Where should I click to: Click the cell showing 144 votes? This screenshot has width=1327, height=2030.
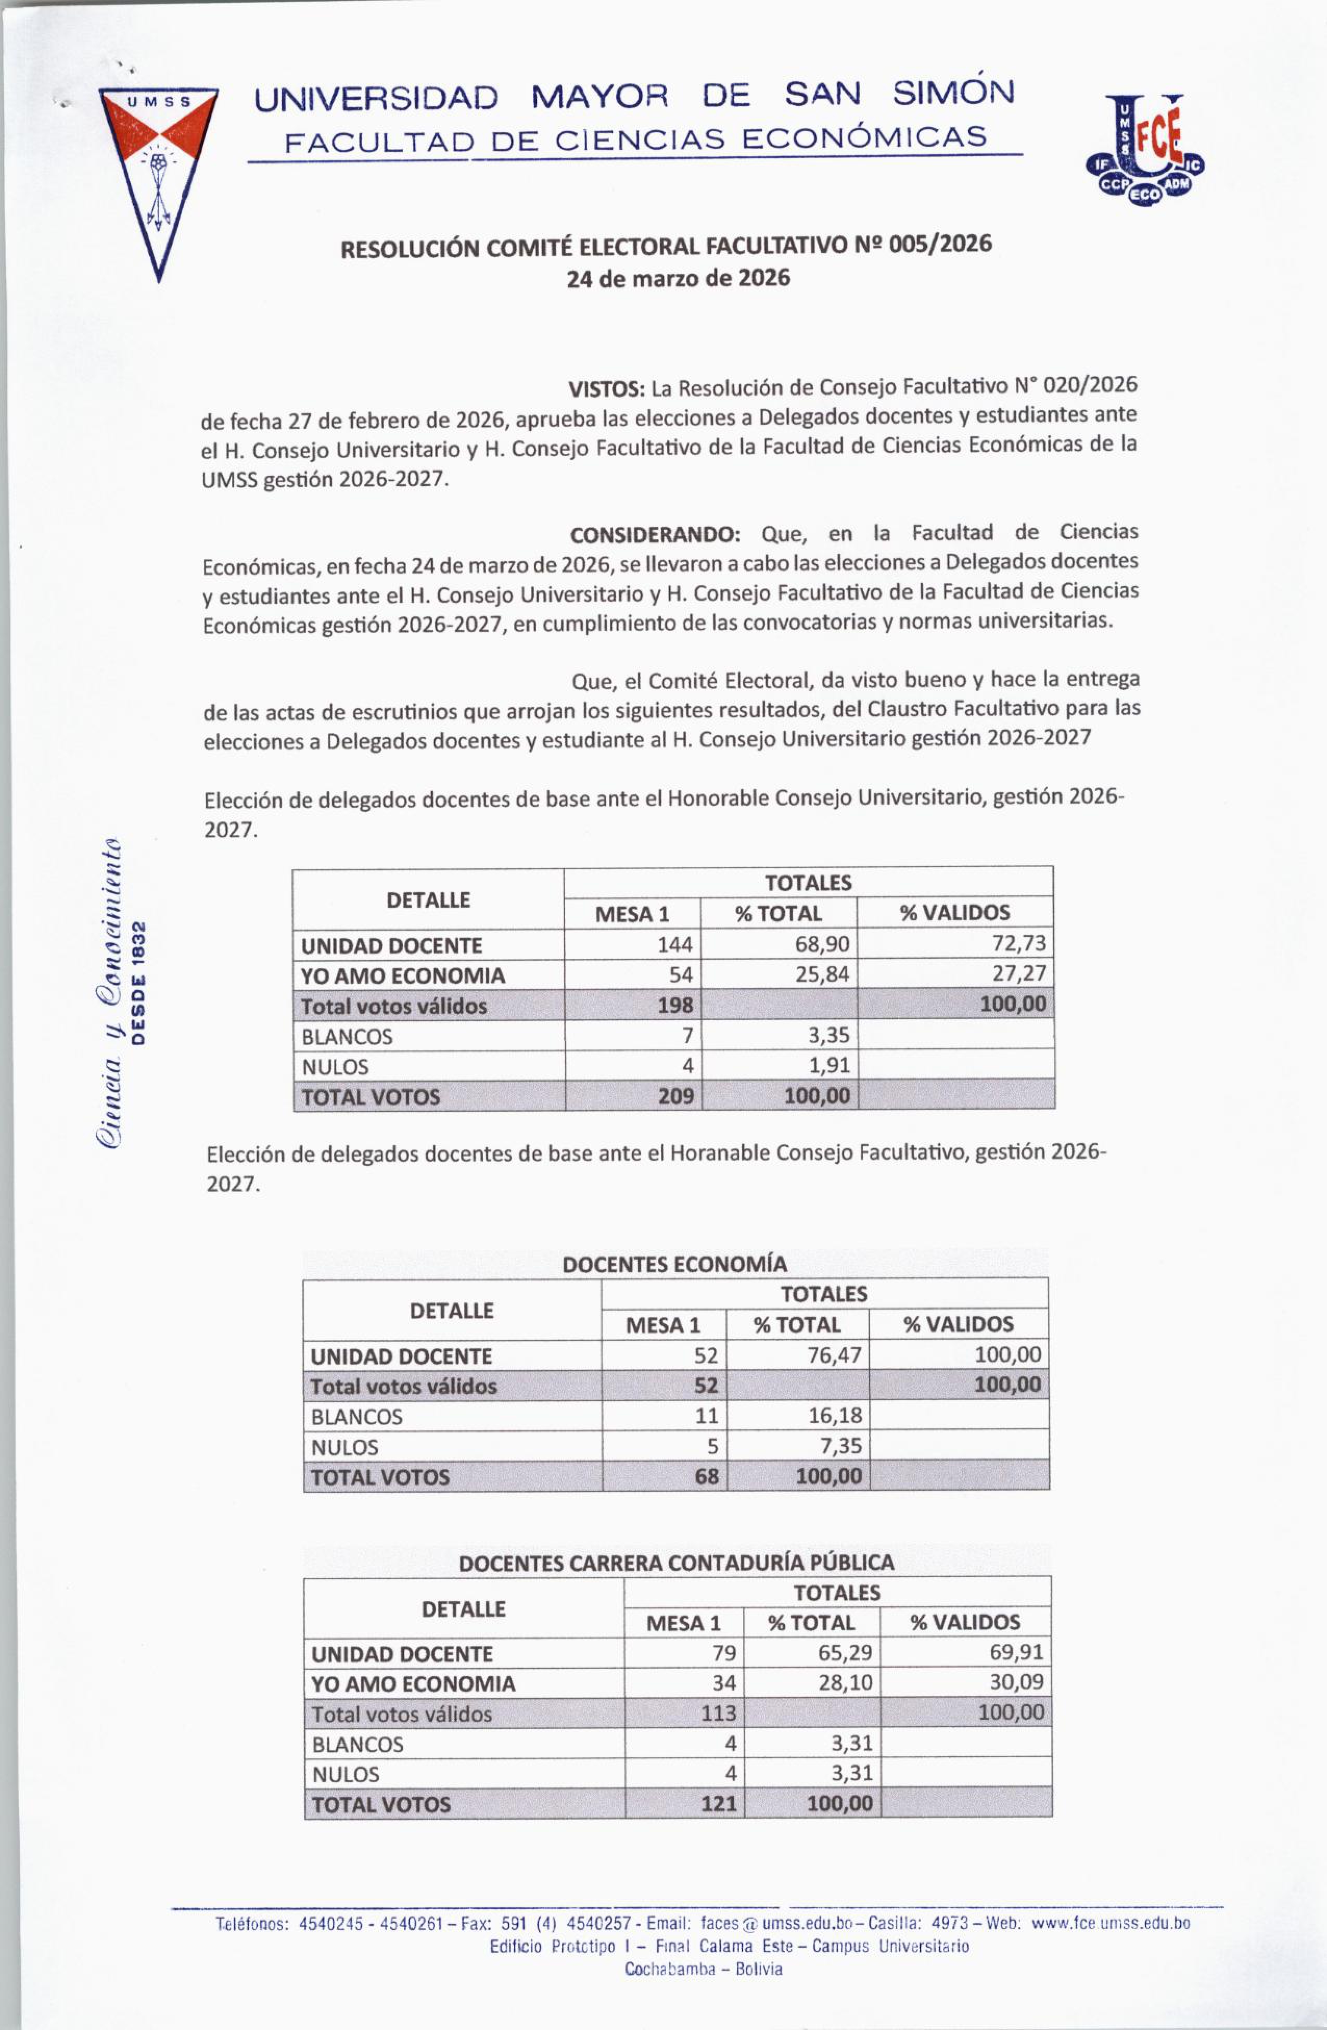tap(674, 944)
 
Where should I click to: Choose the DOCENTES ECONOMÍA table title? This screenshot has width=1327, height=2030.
tap(674, 1263)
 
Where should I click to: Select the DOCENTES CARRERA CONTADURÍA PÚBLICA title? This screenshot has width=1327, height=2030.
tap(677, 1563)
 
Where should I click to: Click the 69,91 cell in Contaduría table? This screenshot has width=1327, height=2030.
tap(1016, 1652)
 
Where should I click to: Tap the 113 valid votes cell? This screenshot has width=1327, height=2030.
tap(717, 1712)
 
